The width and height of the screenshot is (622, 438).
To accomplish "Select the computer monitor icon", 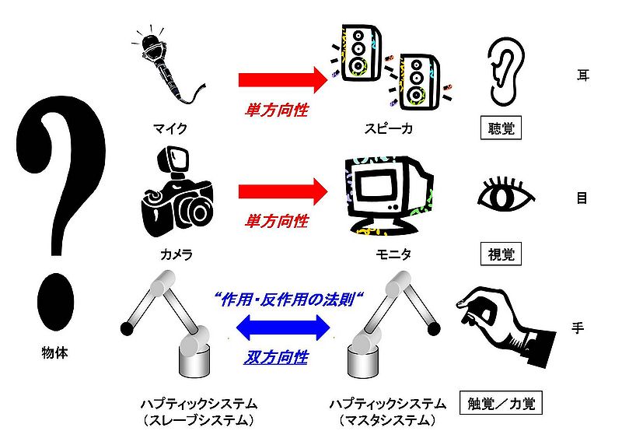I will (x=382, y=194).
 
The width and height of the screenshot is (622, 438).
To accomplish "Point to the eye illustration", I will (x=506, y=194).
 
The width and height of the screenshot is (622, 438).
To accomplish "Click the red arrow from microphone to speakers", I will (x=285, y=79).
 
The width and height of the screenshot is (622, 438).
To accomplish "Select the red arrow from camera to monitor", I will (x=285, y=191).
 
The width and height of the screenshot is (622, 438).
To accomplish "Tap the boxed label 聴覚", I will (x=499, y=128).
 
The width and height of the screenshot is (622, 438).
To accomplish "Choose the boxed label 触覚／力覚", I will (x=500, y=403).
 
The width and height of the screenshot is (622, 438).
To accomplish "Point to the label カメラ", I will (x=176, y=254).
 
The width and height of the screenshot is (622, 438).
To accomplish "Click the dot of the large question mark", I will (x=54, y=299).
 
